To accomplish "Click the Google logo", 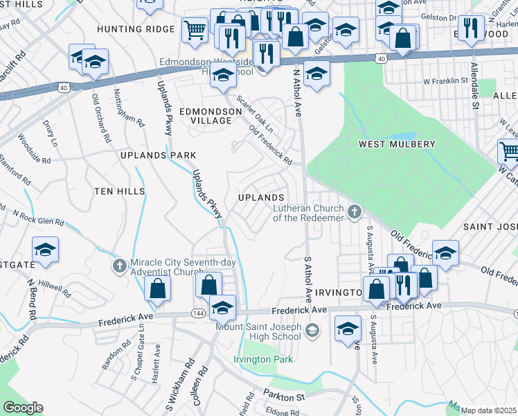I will (23, 408).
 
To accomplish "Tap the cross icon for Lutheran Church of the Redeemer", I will (355, 211).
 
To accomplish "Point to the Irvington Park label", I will (263, 359).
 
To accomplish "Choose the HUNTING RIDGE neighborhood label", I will (136, 29).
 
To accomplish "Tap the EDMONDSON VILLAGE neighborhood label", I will (206, 115).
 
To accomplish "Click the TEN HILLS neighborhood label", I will (120, 191).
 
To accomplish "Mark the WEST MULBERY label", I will (397, 144).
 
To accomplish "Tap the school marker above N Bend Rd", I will (45, 250).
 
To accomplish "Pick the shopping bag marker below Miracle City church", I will (158, 288).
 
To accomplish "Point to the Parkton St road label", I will (283, 397).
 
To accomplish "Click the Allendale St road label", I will (475, 87).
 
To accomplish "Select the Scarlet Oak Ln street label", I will (255, 113).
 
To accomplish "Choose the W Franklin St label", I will (445, 81).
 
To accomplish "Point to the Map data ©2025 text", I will (489, 410).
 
